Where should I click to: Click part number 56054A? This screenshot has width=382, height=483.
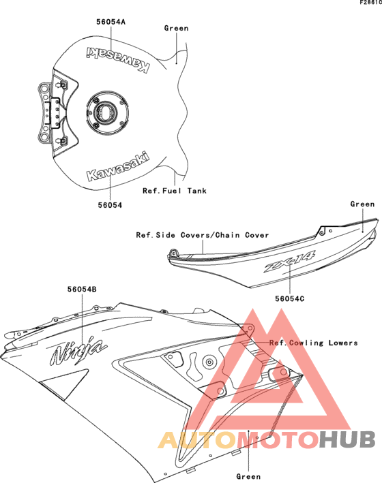[x=111, y=22]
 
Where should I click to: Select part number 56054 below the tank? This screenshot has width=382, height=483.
[x=110, y=205]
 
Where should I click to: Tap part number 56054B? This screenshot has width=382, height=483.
[x=82, y=290]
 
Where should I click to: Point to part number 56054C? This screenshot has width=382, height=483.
[x=289, y=298]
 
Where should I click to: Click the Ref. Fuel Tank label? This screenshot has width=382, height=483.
[x=175, y=191]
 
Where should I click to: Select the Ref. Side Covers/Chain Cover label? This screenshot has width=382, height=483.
[x=203, y=235]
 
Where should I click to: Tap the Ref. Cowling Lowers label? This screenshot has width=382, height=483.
[x=314, y=343]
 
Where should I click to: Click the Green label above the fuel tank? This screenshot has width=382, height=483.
[x=176, y=28]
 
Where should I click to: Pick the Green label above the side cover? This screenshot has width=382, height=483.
[x=363, y=204]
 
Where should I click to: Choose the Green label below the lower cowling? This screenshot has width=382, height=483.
[x=248, y=476]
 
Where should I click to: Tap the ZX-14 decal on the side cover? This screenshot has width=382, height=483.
[x=289, y=261]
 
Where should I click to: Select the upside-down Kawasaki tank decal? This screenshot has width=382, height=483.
[x=118, y=59]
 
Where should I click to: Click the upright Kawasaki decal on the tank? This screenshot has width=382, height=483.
[x=118, y=166]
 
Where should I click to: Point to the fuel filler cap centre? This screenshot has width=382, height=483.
[x=105, y=112]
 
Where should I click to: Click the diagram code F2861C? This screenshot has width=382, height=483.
[x=370, y=3]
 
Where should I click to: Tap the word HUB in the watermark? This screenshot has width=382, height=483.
[x=347, y=439]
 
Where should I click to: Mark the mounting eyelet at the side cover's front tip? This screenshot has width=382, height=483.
[x=173, y=253]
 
